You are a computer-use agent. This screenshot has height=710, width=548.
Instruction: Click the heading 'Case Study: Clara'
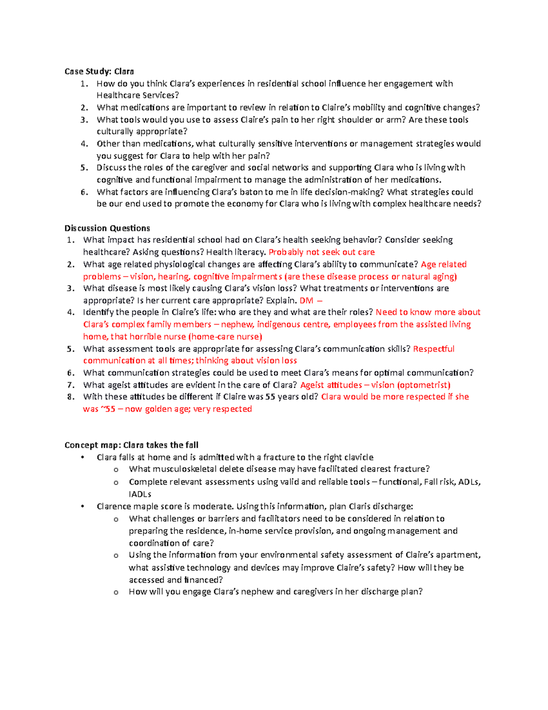point(99,71)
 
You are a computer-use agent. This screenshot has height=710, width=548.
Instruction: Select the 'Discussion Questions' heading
point(107,228)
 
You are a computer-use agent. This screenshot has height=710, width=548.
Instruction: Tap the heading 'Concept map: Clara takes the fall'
point(132,445)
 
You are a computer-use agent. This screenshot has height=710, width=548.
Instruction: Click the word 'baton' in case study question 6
point(261,192)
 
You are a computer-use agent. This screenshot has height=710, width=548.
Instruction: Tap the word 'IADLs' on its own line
point(140,494)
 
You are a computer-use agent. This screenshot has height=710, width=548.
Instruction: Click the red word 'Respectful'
point(433,349)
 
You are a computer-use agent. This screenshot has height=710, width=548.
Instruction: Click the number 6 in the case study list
point(84,192)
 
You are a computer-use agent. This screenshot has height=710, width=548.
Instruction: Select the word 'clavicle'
point(358,457)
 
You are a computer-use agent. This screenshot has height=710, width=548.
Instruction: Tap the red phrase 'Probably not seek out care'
point(321,252)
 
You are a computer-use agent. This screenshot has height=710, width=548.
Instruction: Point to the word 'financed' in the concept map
point(203,580)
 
